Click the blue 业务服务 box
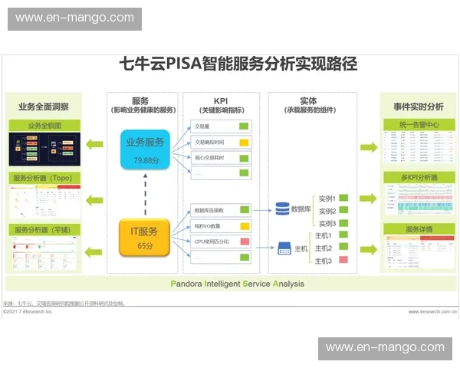(x=145, y=149)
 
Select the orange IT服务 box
(x=145, y=236)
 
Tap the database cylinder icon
(x=282, y=209)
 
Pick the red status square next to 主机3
(x=343, y=261)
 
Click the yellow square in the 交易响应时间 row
(x=244, y=143)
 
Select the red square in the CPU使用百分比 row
(x=244, y=242)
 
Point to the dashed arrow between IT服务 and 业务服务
(x=145, y=193)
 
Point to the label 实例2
(x=327, y=210)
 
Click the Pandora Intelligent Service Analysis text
(x=237, y=284)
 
